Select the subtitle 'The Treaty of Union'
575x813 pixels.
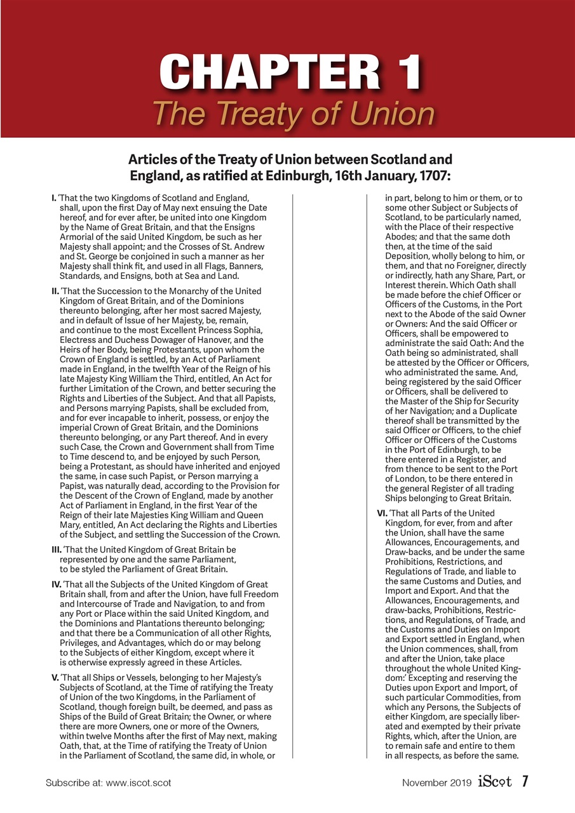[293, 114]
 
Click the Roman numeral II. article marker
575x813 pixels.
[55, 291]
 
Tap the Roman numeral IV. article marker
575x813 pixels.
[56, 584]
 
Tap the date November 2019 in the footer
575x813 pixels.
[437, 783]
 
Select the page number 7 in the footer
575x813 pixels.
[525, 782]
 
